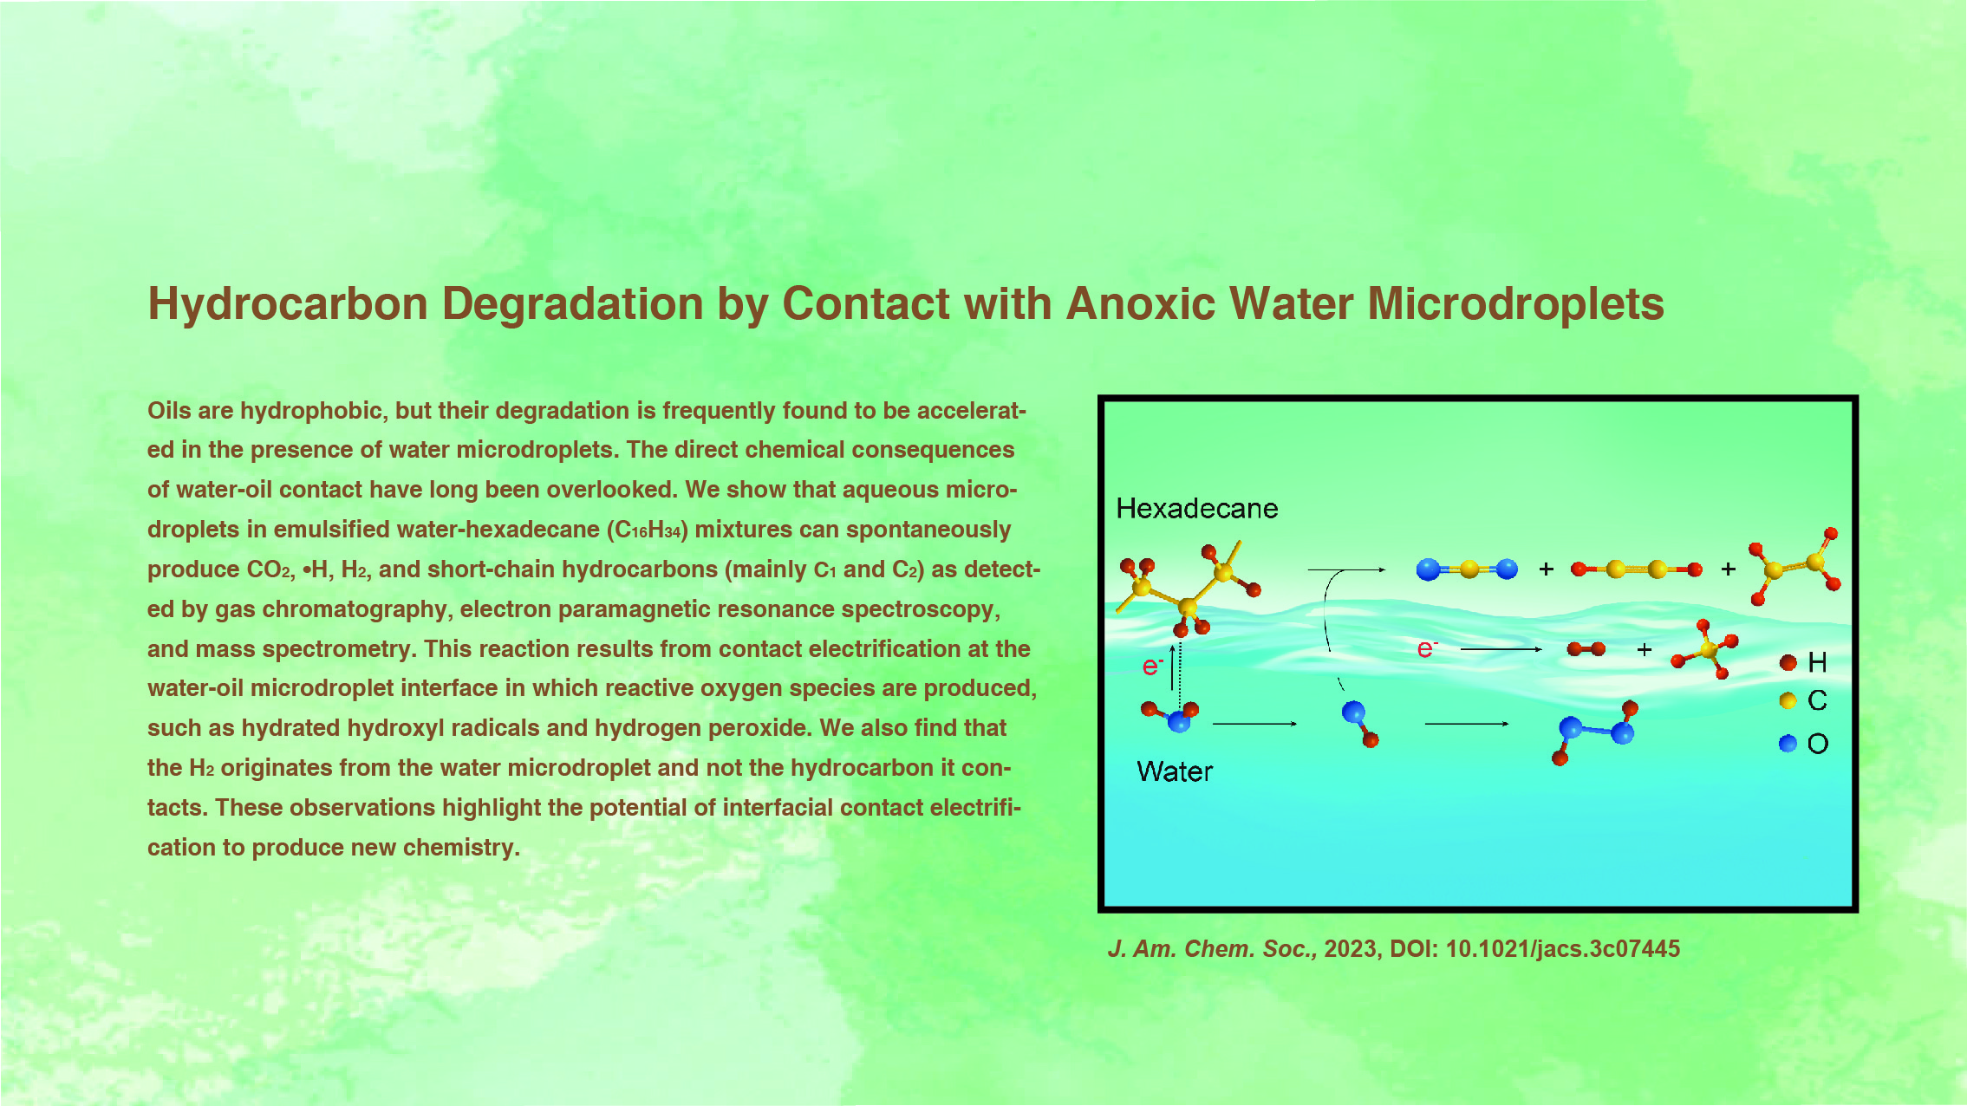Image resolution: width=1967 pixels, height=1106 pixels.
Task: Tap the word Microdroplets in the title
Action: tap(1515, 304)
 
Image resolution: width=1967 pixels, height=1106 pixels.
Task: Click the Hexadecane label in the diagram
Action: tap(1196, 508)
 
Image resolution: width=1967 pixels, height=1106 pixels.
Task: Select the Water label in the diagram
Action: tap(1175, 771)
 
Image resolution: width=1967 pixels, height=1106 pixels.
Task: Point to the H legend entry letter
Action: tap(1818, 663)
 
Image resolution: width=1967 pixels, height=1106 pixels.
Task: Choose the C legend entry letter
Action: tap(1818, 700)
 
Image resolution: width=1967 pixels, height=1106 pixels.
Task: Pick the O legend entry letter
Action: tap(1818, 744)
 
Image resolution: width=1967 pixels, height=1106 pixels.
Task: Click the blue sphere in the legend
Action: tap(1788, 744)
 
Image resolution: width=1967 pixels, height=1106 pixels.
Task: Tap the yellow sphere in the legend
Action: tap(1788, 700)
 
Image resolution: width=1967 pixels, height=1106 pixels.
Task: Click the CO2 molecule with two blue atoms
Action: tap(1467, 569)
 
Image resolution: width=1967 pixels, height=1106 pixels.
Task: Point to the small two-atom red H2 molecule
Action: tap(1586, 649)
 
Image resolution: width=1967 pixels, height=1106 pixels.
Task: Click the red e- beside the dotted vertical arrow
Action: tap(1152, 666)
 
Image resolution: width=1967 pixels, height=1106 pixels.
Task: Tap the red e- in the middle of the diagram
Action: tap(1427, 648)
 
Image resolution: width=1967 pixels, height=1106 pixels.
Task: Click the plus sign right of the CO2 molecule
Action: tap(1546, 569)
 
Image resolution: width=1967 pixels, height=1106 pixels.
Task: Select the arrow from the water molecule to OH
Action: tap(1255, 724)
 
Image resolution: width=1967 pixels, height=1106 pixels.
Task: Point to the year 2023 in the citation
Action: tap(1350, 949)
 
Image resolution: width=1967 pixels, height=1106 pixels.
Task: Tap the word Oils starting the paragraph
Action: tap(169, 410)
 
